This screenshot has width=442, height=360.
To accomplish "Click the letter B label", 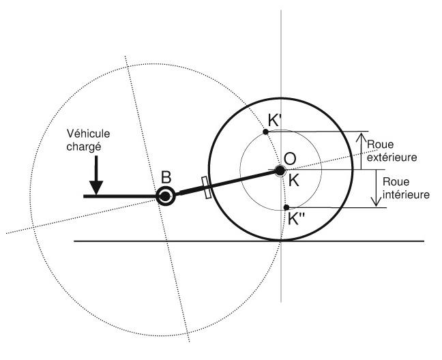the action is (x=166, y=177).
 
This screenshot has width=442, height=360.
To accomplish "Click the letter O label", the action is (x=290, y=159).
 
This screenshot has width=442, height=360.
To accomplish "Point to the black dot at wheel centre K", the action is (x=280, y=170).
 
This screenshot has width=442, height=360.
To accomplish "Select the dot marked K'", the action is (x=265, y=132).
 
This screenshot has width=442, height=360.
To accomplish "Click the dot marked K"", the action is (x=286, y=207).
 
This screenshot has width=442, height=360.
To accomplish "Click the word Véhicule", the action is (x=88, y=134).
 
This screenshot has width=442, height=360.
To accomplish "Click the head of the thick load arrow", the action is (x=96, y=188).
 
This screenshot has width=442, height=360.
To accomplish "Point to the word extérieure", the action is (x=392, y=157).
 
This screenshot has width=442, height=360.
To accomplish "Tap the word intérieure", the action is (x=407, y=194).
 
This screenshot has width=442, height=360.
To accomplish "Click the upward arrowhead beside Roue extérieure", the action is (x=361, y=138).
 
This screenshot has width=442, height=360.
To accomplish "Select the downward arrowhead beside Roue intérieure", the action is (x=376, y=201).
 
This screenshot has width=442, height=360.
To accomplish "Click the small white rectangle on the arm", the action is (x=207, y=187).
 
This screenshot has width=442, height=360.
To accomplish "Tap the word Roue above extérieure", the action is (x=380, y=145).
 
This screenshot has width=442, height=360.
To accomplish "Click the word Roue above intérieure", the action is (x=396, y=181).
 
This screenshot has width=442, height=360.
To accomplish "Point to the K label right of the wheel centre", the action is (x=294, y=181).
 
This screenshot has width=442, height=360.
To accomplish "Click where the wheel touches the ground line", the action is (x=281, y=241).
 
